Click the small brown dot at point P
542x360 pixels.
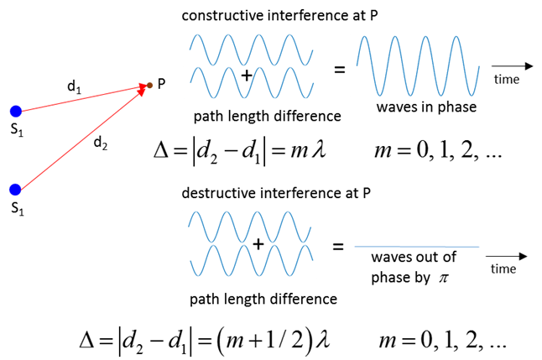pos(149,85)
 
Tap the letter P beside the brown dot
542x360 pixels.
pos(161,84)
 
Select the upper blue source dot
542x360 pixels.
pos(16,112)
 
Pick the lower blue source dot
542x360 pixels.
pos(15,190)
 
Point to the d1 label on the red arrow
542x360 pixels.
pos(74,86)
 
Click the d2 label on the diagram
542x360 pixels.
pos(101,143)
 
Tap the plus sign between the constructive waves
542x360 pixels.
pos(247,76)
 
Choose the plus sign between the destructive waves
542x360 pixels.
pos(258,244)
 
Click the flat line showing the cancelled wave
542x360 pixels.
pos(417,247)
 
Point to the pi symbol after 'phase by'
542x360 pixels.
pos(444,278)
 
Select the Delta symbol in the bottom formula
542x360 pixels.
pos(87,341)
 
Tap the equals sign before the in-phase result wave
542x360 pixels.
pos(340,70)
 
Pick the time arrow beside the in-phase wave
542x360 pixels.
pos(513,65)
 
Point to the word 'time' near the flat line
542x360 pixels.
pos(503,269)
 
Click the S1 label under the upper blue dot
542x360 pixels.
pos(17,130)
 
